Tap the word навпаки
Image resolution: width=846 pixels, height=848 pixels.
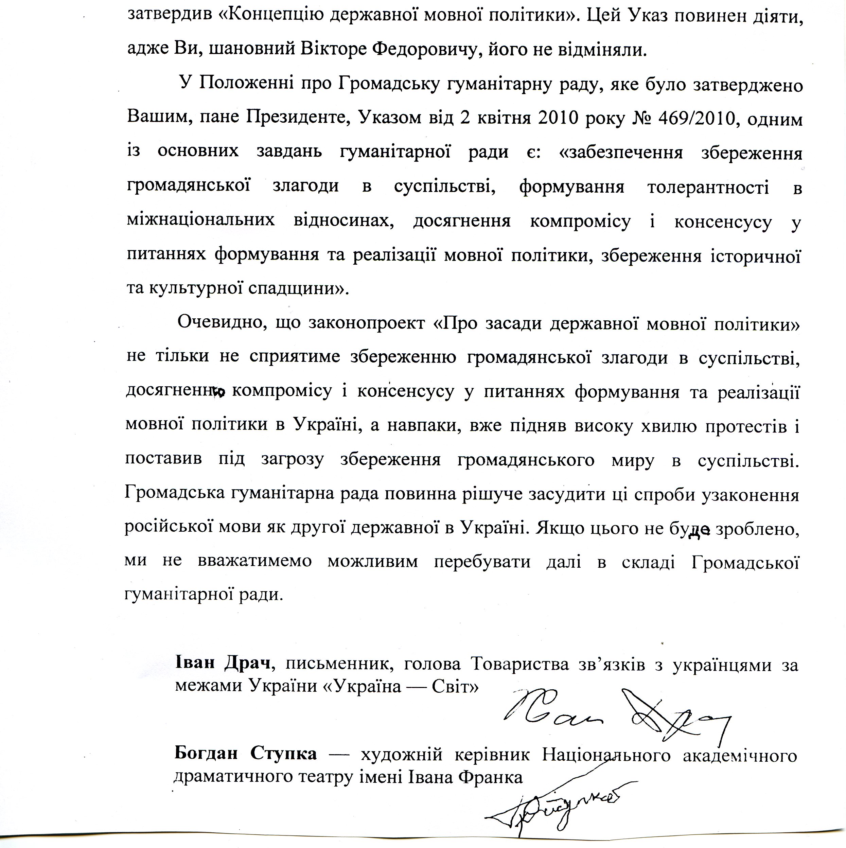[x=422, y=426]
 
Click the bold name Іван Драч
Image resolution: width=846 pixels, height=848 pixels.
[x=225, y=664]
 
